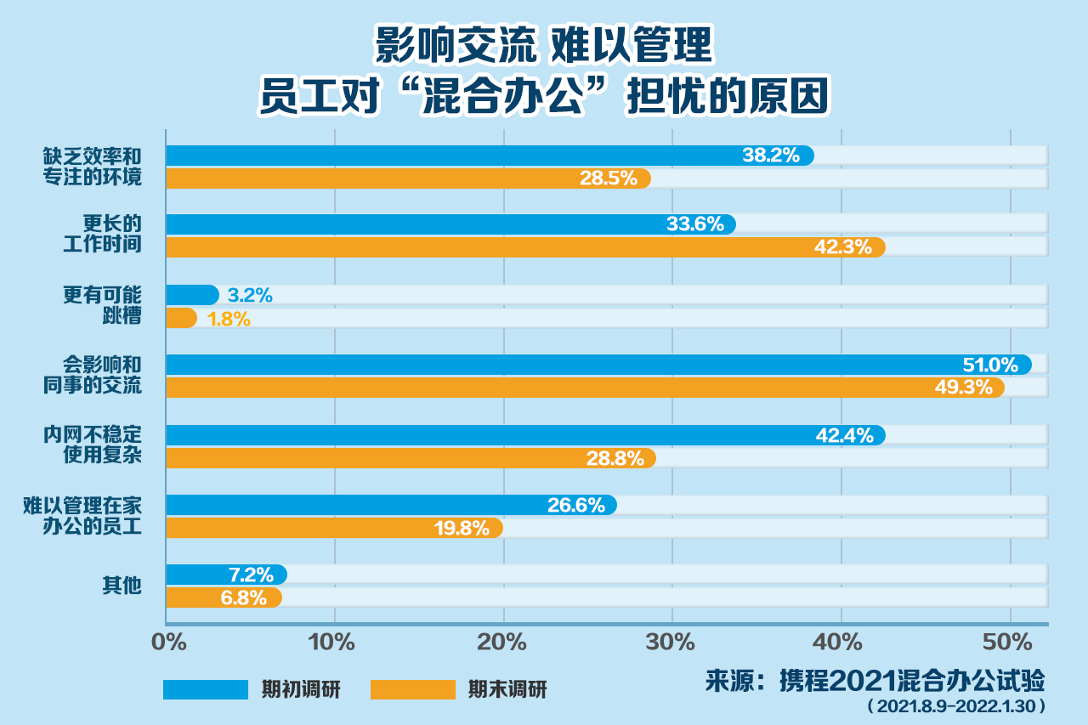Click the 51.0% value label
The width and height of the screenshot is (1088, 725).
pos(989,365)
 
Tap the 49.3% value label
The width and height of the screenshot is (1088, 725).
pos(964,388)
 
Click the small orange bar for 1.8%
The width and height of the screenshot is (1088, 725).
pos(181,318)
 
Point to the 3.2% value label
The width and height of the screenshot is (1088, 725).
pos(250,296)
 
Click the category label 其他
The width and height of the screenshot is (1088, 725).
pos(121,586)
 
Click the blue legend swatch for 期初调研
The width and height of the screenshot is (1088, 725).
pos(205,689)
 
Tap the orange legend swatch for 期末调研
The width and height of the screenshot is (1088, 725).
pos(413,689)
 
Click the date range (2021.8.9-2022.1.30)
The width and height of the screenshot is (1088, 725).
pos(955,706)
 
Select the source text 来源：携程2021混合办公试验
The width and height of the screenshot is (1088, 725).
pos(875,681)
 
